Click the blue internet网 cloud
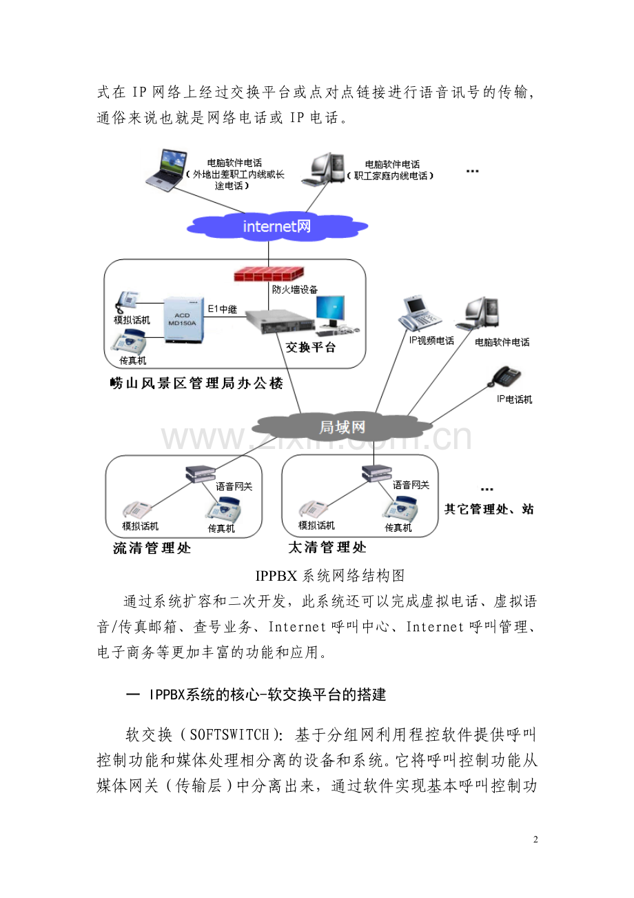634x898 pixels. click(277, 226)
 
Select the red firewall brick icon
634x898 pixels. click(269, 274)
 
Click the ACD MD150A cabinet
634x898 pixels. click(183, 319)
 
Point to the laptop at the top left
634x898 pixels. click(167, 170)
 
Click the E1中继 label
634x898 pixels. click(223, 309)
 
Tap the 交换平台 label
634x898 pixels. click(310, 347)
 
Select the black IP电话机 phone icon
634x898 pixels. click(507, 376)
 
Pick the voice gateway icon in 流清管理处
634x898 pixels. click(201, 474)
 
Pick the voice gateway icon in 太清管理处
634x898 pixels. click(376, 473)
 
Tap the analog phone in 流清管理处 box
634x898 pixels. click(137, 510)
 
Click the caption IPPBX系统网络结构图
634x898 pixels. click(330, 575)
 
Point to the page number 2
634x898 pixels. click(535, 839)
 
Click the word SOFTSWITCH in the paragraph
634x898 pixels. click(229, 734)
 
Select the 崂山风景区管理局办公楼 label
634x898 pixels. click(196, 383)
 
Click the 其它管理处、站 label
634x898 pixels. click(489, 509)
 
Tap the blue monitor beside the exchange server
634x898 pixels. click(331, 312)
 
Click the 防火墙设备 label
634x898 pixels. click(295, 290)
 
